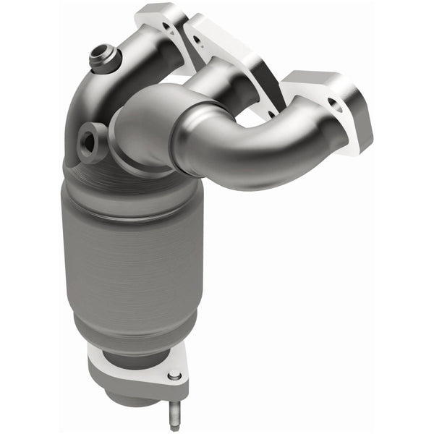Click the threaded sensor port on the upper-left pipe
pyautogui.click(x=101, y=56)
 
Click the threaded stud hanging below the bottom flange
pyautogui.click(x=174, y=412)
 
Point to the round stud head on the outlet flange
pyautogui.click(x=174, y=377)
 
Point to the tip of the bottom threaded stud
pyautogui.click(x=174, y=427)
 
